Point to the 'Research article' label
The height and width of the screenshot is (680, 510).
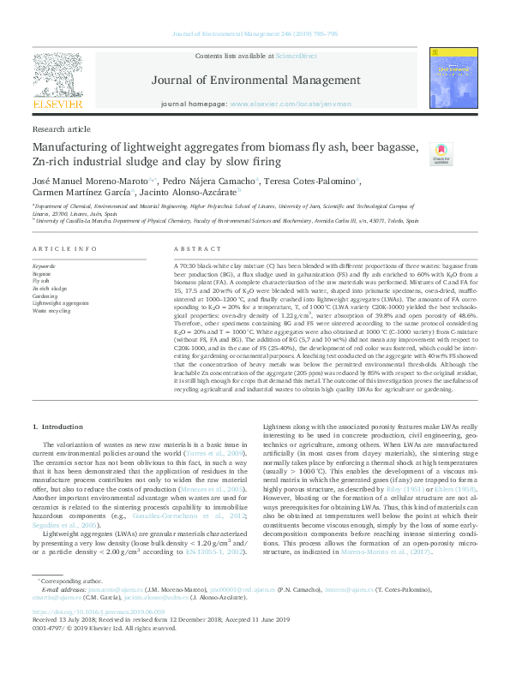pos(61,128)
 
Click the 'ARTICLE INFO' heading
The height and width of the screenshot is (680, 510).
pos(64,248)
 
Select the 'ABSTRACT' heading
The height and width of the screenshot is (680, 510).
pos(192,248)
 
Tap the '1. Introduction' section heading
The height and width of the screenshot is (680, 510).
pos(57,426)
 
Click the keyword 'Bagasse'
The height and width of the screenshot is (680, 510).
pos(42,272)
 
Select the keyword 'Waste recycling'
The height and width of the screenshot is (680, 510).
pos(51,311)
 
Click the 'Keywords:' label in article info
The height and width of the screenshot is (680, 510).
pos(44,265)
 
